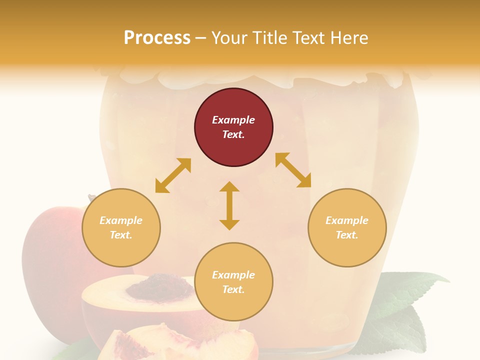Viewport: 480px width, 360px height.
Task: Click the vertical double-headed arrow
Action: [x=229, y=205]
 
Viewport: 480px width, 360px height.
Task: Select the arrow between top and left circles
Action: [x=173, y=175]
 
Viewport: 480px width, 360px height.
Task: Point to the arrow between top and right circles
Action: [x=293, y=170]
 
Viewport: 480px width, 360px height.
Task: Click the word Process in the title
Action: [x=157, y=37]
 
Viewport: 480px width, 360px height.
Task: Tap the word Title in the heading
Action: [x=269, y=37]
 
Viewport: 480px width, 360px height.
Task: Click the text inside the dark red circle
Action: [x=233, y=127]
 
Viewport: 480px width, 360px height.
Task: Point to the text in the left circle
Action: [x=121, y=227]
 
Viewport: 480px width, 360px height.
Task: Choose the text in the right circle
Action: [x=347, y=227]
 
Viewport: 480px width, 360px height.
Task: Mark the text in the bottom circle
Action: [x=233, y=282]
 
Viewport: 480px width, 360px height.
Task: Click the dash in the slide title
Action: [x=201, y=38]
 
